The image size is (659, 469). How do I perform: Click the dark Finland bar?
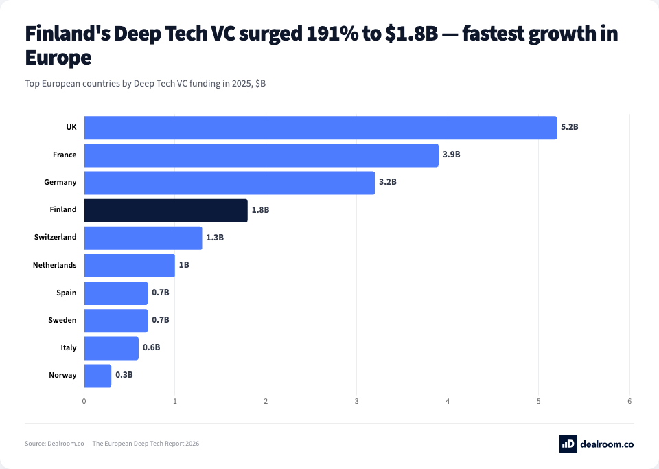pyautogui.click(x=165, y=210)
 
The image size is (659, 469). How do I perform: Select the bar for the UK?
pyautogui.click(x=320, y=128)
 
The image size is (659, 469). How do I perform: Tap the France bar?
pyautogui.click(x=261, y=155)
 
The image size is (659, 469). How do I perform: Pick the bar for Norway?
pyautogui.click(x=97, y=376)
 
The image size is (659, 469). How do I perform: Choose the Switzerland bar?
pyautogui.click(x=143, y=238)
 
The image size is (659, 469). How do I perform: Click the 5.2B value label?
pyautogui.click(x=570, y=128)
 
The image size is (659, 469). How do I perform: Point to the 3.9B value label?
pyautogui.click(x=451, y=155)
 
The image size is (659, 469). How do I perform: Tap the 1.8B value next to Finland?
pyautogui.click(x=260, y=210)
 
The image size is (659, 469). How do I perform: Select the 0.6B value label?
pyautogui.click(x=151, y=347)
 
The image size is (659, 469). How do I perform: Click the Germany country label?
pyautogui.click(x=61, y=183)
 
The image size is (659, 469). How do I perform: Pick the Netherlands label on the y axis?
pyautogui.click(x=55, y=265)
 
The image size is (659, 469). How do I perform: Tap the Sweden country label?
pyautogui.click(x=62, y=320)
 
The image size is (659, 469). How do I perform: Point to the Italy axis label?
pyautogui.click(x=68, y=347)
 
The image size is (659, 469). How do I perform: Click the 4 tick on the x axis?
pyautogui.click(x=448, y=401)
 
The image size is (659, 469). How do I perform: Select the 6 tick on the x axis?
pyautogui.click(x=629, y=401)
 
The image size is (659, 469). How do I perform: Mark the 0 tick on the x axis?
pyautogui.click(x=84, y=401)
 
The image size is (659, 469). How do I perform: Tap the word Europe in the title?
pyautogui.click(x=58, y=58)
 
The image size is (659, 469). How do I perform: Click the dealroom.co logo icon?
pyautogui.click(x=568, y=444)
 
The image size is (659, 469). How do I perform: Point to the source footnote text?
pyautogui.click(x=112, y=444)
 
